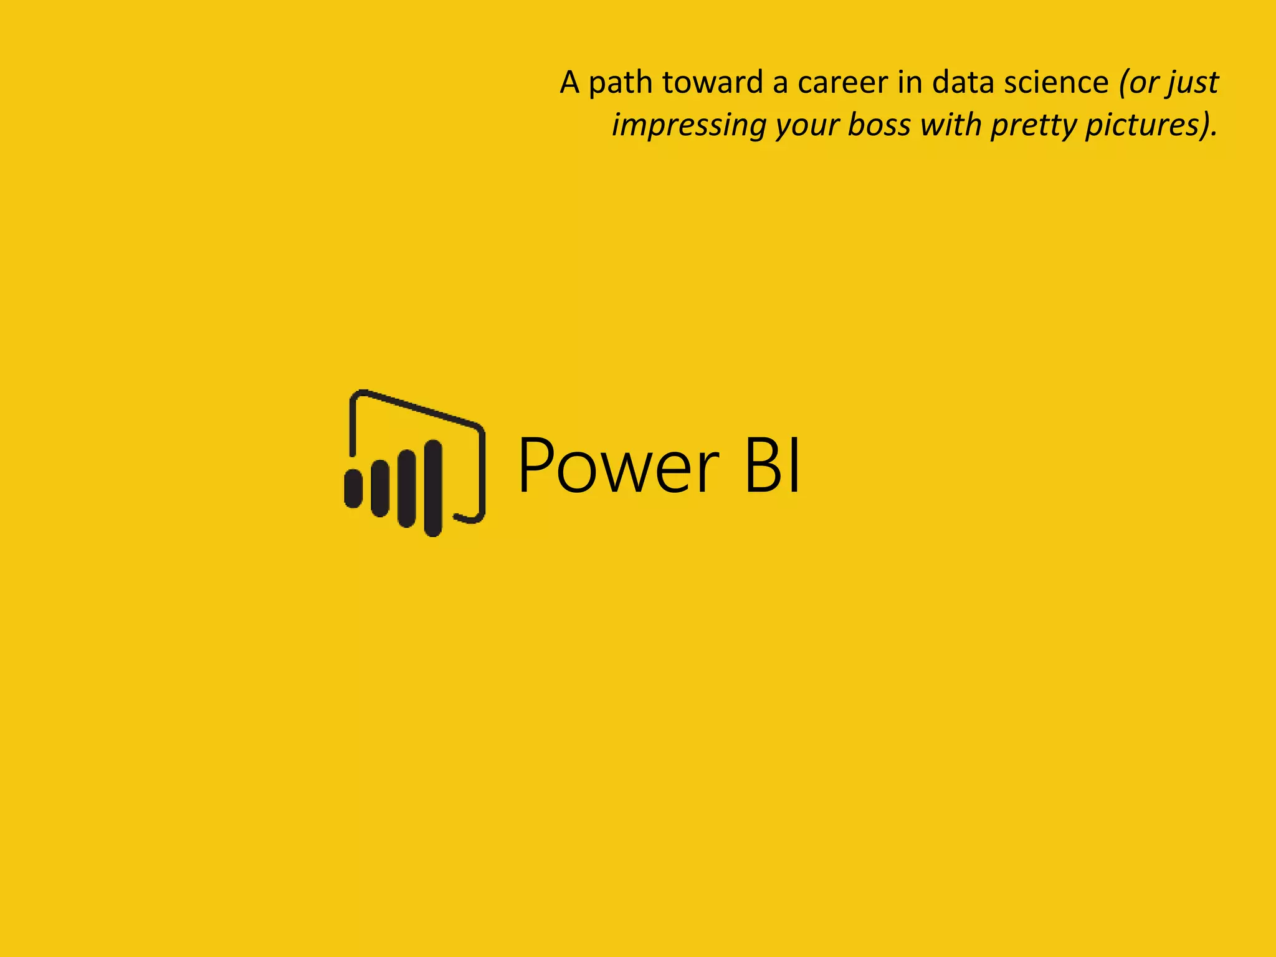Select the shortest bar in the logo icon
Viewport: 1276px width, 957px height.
coord(353,488)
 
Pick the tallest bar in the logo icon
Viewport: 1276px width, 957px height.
coord(433,487)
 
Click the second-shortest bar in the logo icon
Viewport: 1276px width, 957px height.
coord(380,488)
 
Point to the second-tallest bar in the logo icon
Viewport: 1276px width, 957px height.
coord(407,488)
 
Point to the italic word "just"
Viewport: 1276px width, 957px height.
coord(1194,83)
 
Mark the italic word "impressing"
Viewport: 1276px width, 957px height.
coord(688,125)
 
